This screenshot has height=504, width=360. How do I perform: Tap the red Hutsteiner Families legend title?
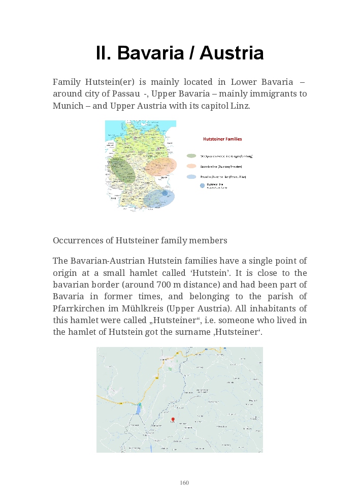tap(222, 139)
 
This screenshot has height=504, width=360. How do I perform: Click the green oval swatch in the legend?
tap(191, 156)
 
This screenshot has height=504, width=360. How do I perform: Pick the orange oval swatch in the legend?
tap(191, 166)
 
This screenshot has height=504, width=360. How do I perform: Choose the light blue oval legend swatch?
tap(191, 177)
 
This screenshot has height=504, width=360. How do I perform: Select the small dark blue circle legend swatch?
tap(203, 186)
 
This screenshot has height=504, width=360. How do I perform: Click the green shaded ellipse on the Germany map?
tap(122, 170)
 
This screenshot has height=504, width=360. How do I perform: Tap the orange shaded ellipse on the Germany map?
tap(161, 166)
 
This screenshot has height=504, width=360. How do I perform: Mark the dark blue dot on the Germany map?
tap(165, 193)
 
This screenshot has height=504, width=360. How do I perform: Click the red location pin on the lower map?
tap(173, 419)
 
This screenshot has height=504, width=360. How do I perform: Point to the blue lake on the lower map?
tap(139, 409)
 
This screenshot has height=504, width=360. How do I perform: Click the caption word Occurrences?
tap(83, 240)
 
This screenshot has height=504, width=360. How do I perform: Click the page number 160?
tap(184, 483)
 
